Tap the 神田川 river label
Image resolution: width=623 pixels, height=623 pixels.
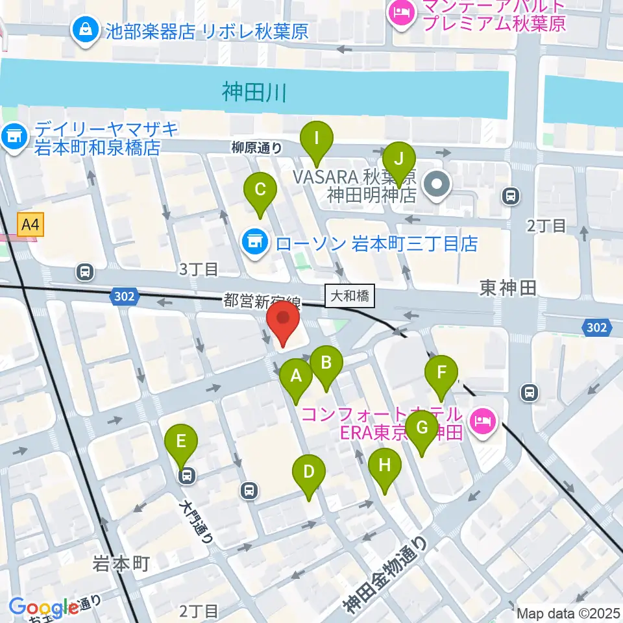tap(254, 93)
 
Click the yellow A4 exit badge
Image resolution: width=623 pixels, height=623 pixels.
tap(31, 225)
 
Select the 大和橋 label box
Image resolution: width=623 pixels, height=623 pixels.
tap(349, 296)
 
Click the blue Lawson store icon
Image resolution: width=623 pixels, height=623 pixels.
tap(254, 243)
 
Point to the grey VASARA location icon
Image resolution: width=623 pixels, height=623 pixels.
tap(437, 184)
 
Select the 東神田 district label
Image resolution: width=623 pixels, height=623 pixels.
tap(508, 288)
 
